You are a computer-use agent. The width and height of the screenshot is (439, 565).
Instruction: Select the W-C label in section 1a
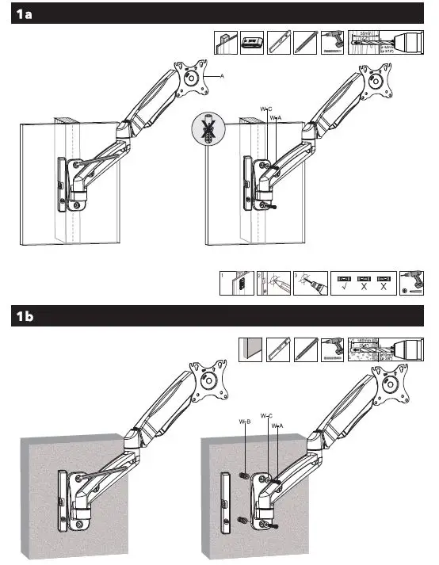265,107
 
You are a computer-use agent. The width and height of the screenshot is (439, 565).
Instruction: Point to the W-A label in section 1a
276,117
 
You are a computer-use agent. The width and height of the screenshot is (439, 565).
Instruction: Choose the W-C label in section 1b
265,415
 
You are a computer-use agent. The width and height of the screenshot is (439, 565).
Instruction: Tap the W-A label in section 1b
277,426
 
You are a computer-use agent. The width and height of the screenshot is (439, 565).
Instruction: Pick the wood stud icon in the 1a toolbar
227,43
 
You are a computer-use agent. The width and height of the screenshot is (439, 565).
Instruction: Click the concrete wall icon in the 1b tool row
251,349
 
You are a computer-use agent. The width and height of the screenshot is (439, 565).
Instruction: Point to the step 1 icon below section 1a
231,284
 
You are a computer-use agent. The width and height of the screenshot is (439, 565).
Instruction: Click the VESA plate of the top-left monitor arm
193,78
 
